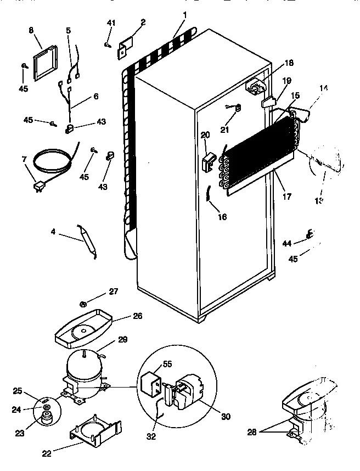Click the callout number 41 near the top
tap(111, 23)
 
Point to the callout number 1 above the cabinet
tap(185, 13)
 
